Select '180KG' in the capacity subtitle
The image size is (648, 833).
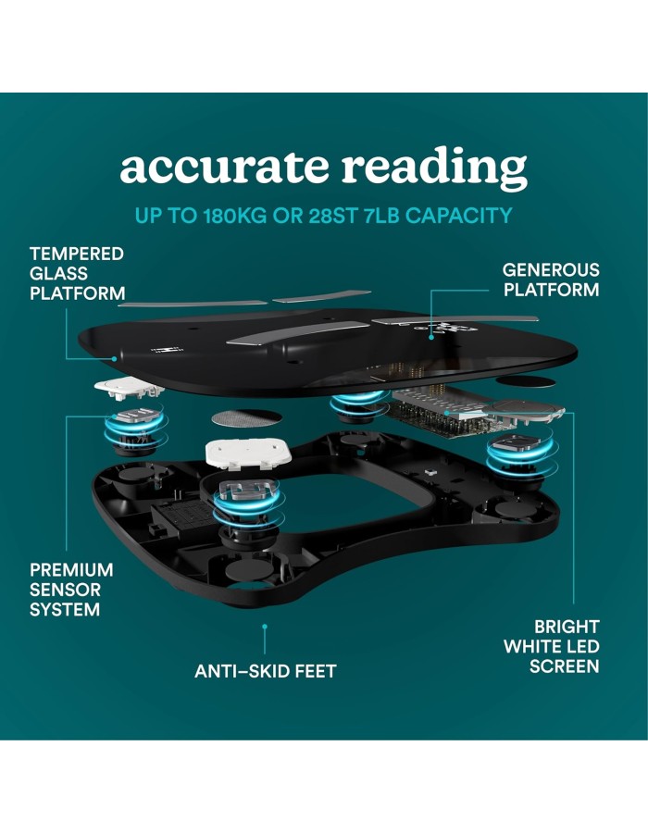click(x=235, y=216)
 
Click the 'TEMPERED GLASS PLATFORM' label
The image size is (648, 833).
click(x=77, y=274)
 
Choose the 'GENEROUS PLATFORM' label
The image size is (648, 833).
click(x=551, y=280)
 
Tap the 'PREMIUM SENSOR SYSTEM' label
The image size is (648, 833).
click(x=71, y=590)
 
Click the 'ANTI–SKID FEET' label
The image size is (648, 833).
click(x=265, y=672)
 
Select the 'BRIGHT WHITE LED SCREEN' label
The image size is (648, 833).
click(x=552, y=647)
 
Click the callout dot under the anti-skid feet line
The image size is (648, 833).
click(x=265, y=627)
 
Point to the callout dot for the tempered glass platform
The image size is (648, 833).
click(x=114, y=359)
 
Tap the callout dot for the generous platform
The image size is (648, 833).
click(x=431, y=337)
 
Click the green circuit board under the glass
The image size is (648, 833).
click(x=441, y=417)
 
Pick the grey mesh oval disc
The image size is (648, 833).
click(x=246, y=418)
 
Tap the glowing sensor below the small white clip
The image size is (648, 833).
click(x=135, y=430)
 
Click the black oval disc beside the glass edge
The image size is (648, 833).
click(x=527, y=382)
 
